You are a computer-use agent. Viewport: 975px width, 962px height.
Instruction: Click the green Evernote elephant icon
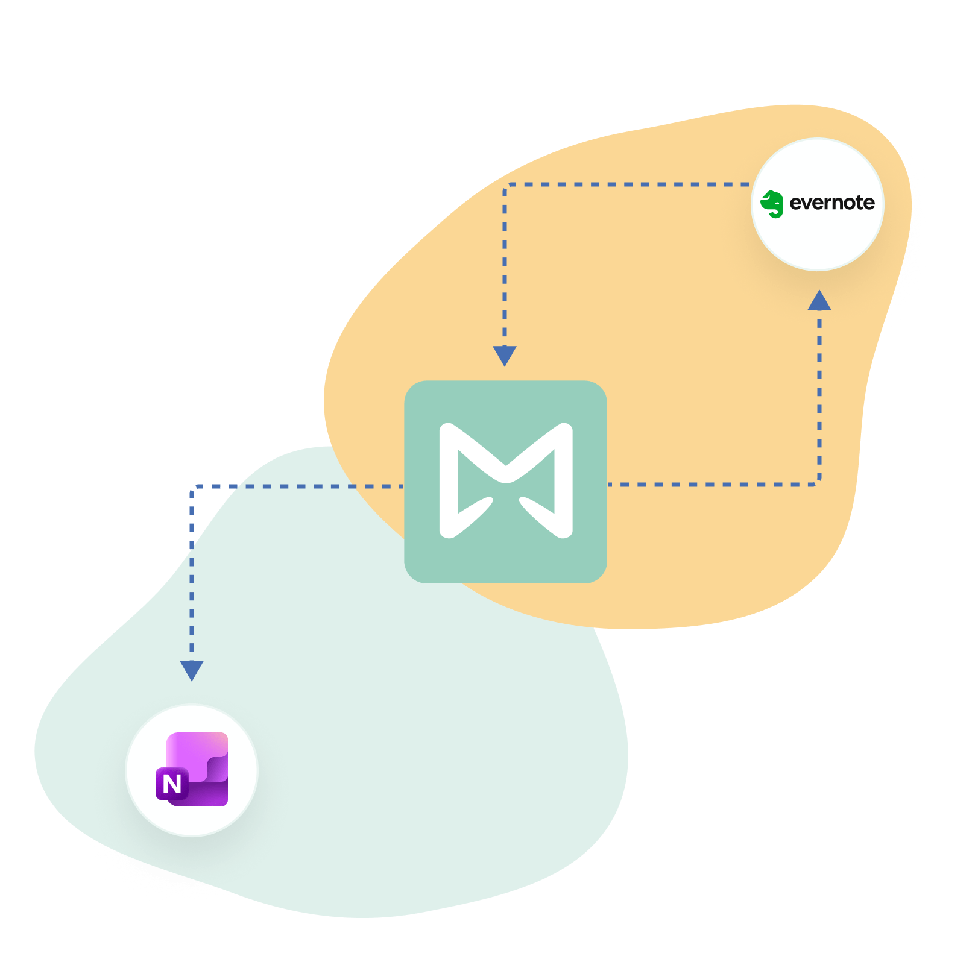pos(772,204)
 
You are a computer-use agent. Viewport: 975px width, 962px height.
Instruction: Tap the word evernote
pos(831,203)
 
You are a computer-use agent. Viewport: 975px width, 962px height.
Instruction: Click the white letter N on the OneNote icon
pos(172,784)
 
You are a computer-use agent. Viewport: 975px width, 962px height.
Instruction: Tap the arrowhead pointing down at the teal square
pos(505,355)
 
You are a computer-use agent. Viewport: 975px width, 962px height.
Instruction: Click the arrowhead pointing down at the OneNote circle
pos(192,670)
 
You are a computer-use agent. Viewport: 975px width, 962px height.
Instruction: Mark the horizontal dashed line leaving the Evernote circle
pos(627,184)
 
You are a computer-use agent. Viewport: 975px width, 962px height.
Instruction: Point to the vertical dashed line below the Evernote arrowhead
pos(819,392)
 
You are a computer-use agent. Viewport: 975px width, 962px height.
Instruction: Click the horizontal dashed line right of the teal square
pos(712,484)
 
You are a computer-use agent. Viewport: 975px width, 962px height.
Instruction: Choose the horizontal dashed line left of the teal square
pos(301,486)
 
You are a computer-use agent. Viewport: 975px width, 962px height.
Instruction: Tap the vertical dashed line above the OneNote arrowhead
pos(192,573)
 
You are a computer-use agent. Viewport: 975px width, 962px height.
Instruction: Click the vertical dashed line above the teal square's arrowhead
pos(505,265)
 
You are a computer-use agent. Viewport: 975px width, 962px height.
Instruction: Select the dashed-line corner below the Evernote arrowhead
pos(818,483)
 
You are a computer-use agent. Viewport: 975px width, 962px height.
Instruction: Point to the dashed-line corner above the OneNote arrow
pos(193,487)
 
